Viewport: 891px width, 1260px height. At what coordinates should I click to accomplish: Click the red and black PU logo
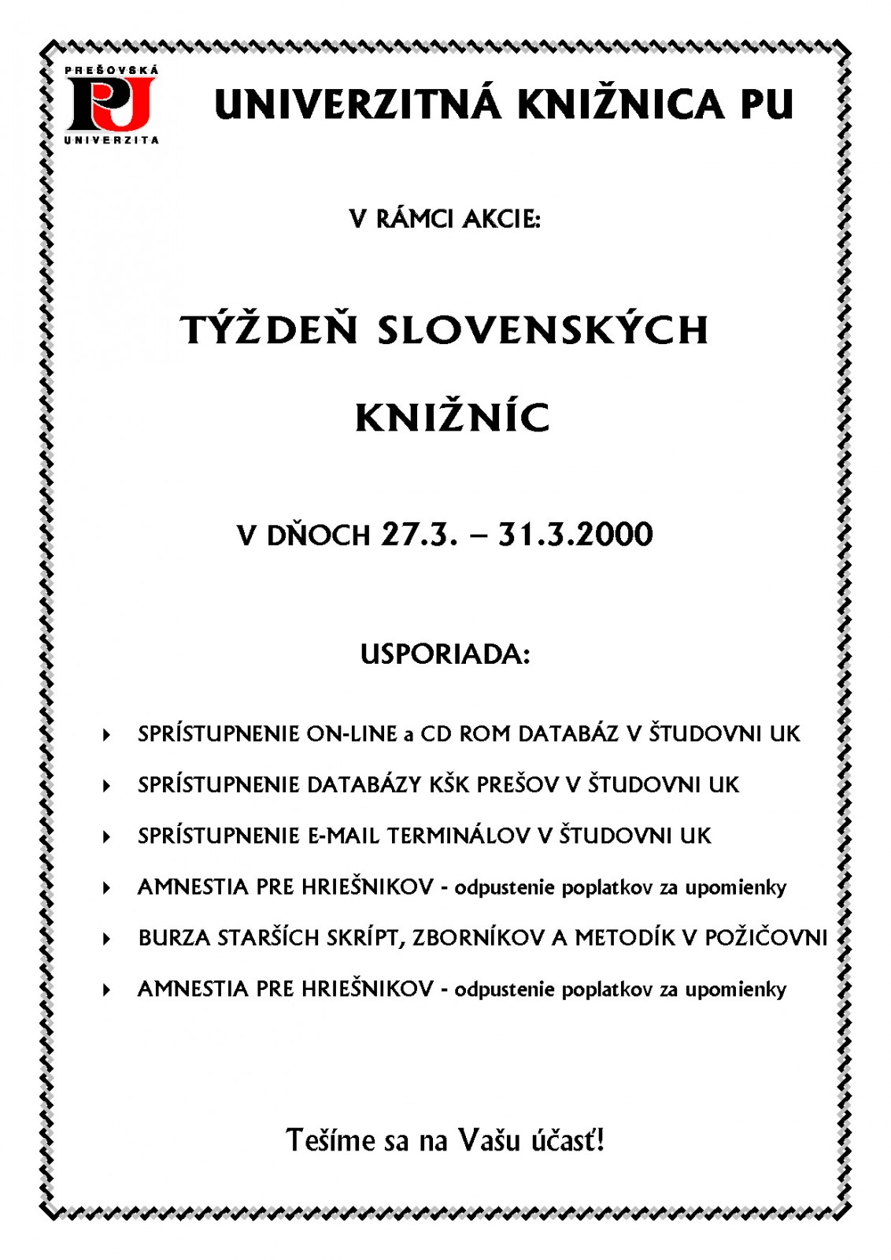click(109, 104)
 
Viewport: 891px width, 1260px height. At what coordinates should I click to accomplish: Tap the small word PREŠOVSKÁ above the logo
click(111, 70)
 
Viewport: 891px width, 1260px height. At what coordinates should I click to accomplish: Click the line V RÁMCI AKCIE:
click(445, 218)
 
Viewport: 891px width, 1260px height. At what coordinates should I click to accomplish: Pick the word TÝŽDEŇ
click(269, 329)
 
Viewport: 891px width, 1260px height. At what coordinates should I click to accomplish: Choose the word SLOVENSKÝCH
click(543, 329)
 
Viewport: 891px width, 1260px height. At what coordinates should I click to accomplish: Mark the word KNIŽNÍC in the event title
click(452, 417)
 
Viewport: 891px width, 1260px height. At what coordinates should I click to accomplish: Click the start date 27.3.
click(419, 535)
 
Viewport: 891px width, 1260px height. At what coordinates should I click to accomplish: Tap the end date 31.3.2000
click(575, 535)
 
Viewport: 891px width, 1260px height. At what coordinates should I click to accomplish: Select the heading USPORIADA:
click(445, 654)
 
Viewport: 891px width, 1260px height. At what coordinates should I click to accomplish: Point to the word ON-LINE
click(352, 734)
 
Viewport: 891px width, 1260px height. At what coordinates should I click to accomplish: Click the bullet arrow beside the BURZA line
click(106, 939)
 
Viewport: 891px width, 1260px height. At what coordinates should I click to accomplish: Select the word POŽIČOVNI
click(766, 938)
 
